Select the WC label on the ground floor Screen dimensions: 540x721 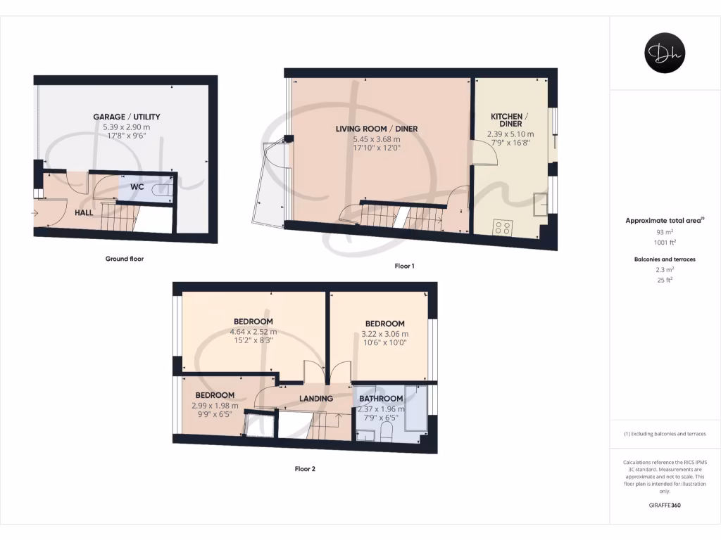(x=137, y=188)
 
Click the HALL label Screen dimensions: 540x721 (x=84, y=212)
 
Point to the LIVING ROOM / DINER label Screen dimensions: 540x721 (x=376, y=129)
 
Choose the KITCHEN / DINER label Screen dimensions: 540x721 (x=510, y=120)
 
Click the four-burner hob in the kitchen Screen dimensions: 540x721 (x=503, y=227)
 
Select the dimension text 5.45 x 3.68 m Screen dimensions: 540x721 (x=376, y=139)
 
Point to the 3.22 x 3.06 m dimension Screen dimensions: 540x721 (x=384, y=334)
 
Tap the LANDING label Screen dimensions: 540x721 (x=315, y=399)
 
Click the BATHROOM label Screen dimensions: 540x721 (x=381, y=399)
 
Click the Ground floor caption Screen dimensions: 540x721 (x=125, y=259)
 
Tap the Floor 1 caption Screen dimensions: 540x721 (x=404, y=266)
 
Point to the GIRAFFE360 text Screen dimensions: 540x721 (x=665, y=505)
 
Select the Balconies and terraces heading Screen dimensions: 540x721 (x=665, y=259)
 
